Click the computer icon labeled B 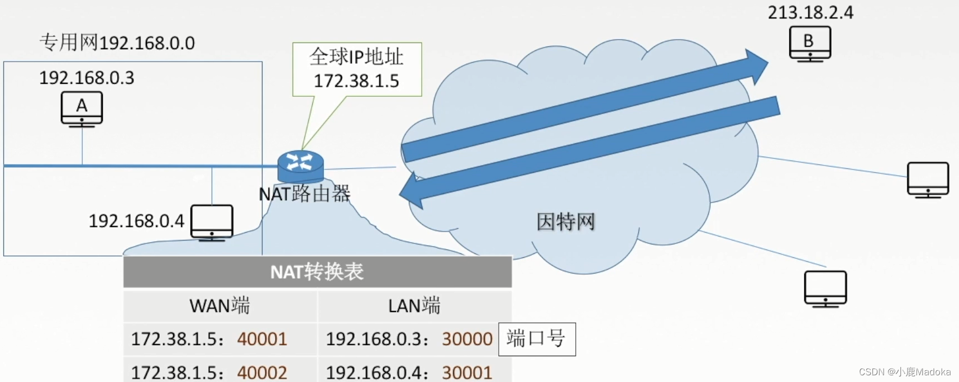tap(810, 43)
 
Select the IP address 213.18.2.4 tap(810, 12)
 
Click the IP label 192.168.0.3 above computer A tap(87, 78)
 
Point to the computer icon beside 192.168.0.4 tap(212, 222)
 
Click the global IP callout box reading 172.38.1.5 tap(357, 69)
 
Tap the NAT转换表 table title tap(317, 272)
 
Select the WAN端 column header tap(220, 305)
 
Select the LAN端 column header tap(414, 305)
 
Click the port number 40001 tap(262, 339)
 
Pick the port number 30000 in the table tap(467, 339)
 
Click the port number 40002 tap(262, 372)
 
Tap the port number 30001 tap(467, 372)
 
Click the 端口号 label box tap(536, 339)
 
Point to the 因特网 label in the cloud tap(565, 222)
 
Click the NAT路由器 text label tap(304, 194)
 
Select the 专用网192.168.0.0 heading tap(117, 43)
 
